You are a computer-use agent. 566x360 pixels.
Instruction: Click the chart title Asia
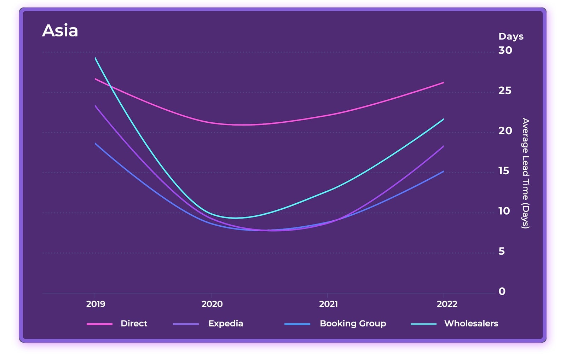tap(60, 31)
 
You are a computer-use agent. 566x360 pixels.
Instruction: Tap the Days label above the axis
tap(510, 36)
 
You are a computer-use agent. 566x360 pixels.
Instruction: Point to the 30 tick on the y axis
tap(505, 51)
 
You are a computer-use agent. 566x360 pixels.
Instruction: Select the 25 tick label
tap(505, 91)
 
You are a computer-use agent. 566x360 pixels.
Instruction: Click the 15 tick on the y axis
tap(504, 171)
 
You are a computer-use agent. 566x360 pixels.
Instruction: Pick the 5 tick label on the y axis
tap(501, 251)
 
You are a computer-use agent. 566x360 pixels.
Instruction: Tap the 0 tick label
tap(502, 292)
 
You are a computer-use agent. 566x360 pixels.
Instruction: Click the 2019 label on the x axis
tap(96, 304)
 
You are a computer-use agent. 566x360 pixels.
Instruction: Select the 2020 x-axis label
tap(212, 304)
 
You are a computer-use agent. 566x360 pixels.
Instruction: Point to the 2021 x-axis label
tap(328, 304)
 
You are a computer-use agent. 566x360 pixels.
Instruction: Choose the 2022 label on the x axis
tap(447, 304)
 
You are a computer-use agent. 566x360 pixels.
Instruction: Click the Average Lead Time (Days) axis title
tap(525, 173)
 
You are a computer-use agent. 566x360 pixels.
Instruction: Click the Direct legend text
tap(134, 324)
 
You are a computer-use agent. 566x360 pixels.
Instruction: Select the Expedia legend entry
tap(225, 324)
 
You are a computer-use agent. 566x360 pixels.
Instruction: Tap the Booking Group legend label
tap(353, 324)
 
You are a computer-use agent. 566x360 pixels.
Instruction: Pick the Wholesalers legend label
tap(471, 324)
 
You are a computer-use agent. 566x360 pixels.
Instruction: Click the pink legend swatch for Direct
tap(99, 324)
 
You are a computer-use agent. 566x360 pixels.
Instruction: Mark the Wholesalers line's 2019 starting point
tap(95, 58)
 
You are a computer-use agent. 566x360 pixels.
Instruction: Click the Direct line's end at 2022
tap(443, 83)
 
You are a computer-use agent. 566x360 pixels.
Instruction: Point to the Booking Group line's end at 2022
tap(443, 172)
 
